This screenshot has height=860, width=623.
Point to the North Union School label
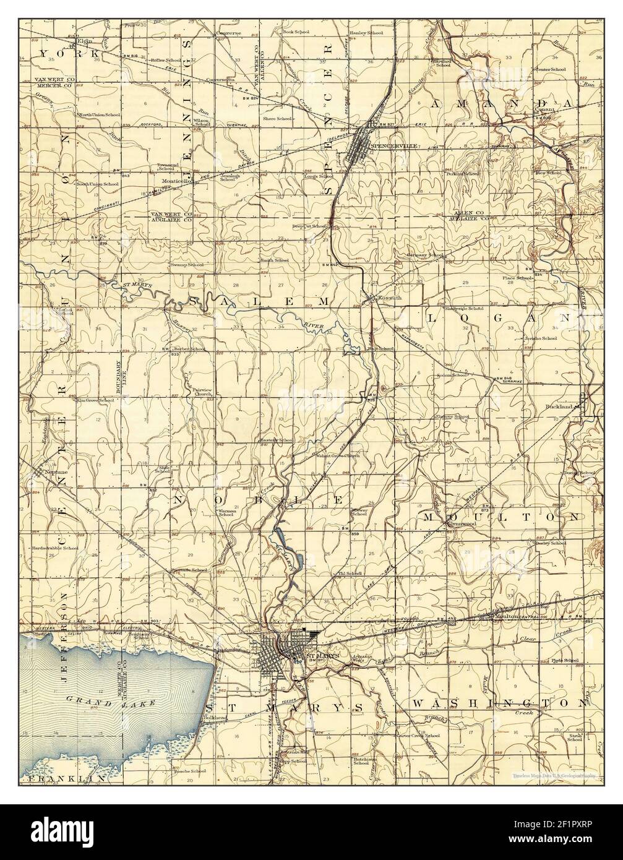98,115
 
